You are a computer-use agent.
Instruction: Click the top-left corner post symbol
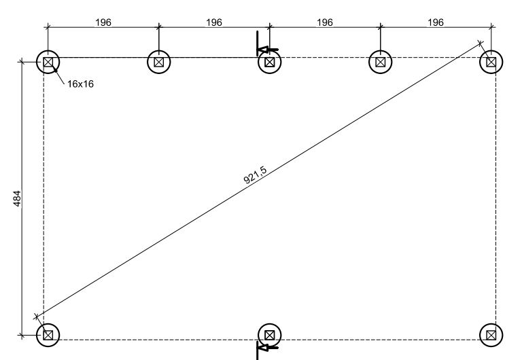point(48,62)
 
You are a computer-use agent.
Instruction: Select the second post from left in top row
point(158,62)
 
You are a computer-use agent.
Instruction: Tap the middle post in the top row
point(270,62)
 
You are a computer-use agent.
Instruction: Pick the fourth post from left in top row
point(381,62)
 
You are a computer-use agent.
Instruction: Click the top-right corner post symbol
point(491,62)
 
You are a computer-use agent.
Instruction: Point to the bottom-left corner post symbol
point(48,334)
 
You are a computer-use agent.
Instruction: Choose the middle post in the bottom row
point(270,334)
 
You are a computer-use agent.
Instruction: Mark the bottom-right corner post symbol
point(491,334)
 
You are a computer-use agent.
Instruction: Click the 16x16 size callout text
point(80,85)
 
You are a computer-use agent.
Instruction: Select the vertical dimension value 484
point(18,198)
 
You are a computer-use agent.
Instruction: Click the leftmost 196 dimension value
point(103,22)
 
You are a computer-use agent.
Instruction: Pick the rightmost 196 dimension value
point(436,22)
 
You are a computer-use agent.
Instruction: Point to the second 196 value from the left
point(214,22)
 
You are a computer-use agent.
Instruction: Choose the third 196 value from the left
point(325,22)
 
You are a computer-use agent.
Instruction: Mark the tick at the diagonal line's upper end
point(481,43)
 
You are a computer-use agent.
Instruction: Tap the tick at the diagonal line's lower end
point(37,317)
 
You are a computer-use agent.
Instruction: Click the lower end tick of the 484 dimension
point(22,335)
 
